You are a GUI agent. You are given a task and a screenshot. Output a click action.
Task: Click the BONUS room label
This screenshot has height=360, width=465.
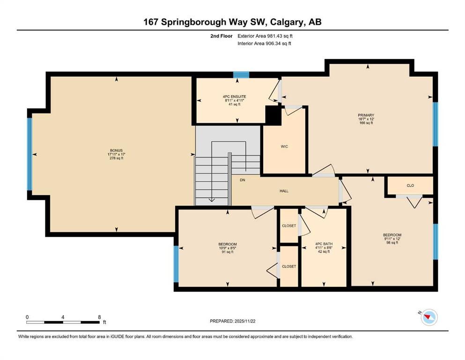coord(116,150)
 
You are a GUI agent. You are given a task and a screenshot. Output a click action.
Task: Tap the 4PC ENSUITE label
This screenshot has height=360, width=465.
coord(234,97)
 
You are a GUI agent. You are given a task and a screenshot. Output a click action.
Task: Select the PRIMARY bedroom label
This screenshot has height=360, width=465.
coord(366,115)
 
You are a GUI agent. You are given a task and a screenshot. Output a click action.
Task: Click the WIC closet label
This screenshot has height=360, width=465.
coord(284,146)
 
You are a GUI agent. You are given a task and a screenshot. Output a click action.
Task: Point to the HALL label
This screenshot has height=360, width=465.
coord(284,191)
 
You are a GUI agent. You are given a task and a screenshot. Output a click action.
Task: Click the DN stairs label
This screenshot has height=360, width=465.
coord(242,180)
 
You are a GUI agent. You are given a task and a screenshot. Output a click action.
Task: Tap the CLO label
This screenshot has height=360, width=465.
coord(410,186)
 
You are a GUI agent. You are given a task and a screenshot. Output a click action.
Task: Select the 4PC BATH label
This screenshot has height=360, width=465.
coord(324,244)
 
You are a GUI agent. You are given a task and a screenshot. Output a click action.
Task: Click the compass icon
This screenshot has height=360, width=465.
coord(428,317)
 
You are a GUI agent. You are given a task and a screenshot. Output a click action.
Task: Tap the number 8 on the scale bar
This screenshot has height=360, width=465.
coord(99,317)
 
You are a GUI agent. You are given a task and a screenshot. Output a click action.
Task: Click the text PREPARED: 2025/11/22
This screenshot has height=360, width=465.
coord(232,321)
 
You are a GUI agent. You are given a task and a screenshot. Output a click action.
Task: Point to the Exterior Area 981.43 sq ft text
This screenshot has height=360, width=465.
coord(265,36)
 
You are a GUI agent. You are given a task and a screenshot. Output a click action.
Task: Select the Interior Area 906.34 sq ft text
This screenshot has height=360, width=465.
coord(264,43)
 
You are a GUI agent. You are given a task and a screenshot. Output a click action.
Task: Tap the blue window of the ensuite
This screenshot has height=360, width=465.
coord(241,75)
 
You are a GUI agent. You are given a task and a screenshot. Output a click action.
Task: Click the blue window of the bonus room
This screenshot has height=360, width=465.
coord(30,154)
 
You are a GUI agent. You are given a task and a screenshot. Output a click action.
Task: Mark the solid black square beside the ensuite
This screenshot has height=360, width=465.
coord(273,115)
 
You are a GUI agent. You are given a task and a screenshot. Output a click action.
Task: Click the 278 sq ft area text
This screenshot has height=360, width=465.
coord(116,158)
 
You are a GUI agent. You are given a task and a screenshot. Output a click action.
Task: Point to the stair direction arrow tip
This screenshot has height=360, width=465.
coord(212,201)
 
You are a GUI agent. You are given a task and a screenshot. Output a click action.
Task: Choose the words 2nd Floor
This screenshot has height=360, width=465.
coord(221,36)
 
